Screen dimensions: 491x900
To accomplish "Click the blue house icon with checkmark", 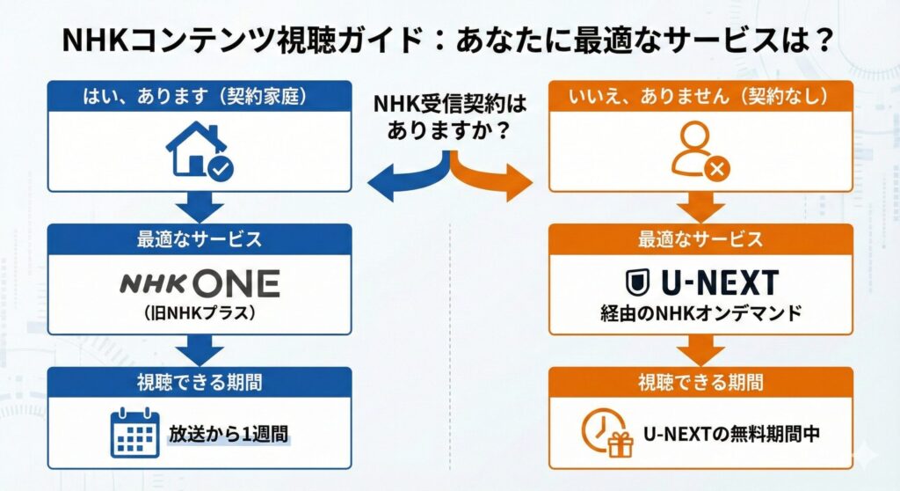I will [x=200, y=152].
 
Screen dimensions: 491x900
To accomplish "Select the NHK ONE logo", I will [x=200, y=282].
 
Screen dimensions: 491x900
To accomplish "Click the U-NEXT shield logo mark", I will [x=636, y=282].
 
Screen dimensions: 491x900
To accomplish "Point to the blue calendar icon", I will [x=134, y=433].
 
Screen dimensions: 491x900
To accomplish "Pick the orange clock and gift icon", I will [x=608, y=433].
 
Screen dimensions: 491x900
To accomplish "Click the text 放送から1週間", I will [x=229, y=434].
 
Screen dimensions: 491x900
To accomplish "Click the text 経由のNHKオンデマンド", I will [x=700, y=312].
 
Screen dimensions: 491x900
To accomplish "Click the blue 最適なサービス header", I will [x=200, y=238].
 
